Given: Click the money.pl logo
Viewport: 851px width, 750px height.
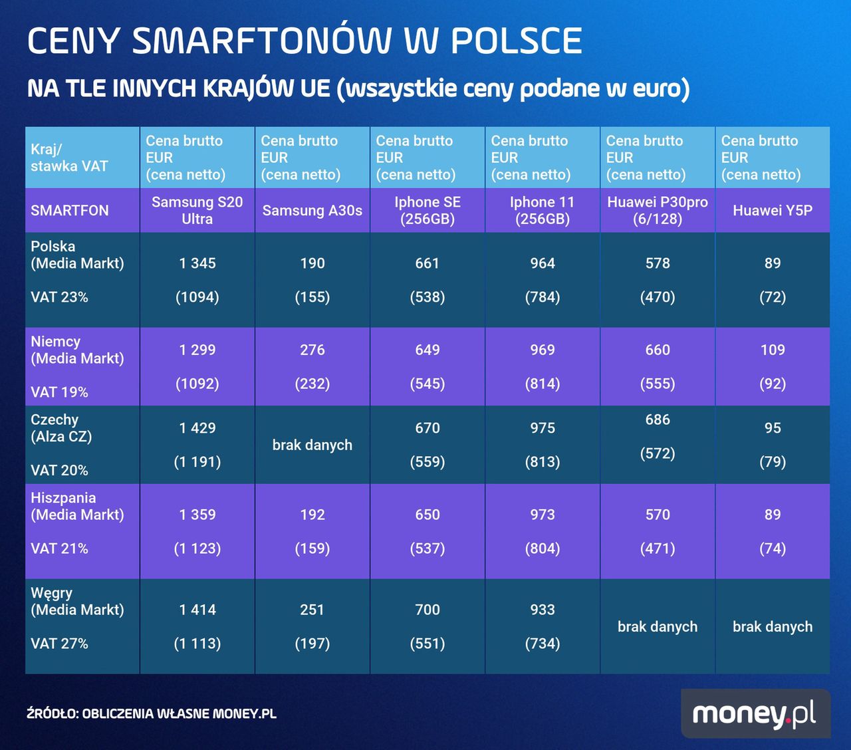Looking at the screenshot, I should (x=755, y=713).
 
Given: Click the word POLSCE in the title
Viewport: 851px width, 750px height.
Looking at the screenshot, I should (x=516, y=41).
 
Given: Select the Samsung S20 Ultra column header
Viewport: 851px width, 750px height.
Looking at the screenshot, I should (x=197, y=210).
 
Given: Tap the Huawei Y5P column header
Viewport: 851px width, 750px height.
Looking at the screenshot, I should (x=773, y=210).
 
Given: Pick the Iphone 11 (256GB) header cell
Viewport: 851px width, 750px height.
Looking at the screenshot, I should (x=543, y=210).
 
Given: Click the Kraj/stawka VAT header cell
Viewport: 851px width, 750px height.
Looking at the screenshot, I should (x=69, y=158).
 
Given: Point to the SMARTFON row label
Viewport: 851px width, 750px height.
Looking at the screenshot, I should (x=70, y=210).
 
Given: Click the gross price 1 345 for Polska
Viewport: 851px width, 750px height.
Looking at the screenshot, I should (x=197, y=263).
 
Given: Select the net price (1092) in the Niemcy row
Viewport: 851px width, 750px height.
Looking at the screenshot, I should (x=197, y=384).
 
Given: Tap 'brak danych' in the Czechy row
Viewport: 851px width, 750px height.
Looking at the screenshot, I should (x=312, y=445).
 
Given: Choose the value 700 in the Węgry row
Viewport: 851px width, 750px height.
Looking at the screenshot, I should (x=427, y=610).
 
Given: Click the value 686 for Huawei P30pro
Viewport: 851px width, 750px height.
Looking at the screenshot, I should (x=658, y=420).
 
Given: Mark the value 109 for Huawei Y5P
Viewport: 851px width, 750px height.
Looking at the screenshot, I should (x=773, y=350).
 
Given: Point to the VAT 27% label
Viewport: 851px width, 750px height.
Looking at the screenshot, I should (x=59, y=644).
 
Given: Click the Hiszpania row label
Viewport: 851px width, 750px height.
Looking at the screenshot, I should (x=63, y=498).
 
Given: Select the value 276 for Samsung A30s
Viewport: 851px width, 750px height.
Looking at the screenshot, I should (x=312, y=350).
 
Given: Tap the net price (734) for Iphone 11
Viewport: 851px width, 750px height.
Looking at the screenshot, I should (x=543, y=644).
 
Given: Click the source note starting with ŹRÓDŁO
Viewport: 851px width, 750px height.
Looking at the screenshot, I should (x=152, y=714).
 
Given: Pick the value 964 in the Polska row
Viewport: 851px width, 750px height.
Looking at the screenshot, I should (x=543, y=263).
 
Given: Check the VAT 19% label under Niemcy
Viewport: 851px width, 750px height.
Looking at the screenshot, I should (x=59, y=392).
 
